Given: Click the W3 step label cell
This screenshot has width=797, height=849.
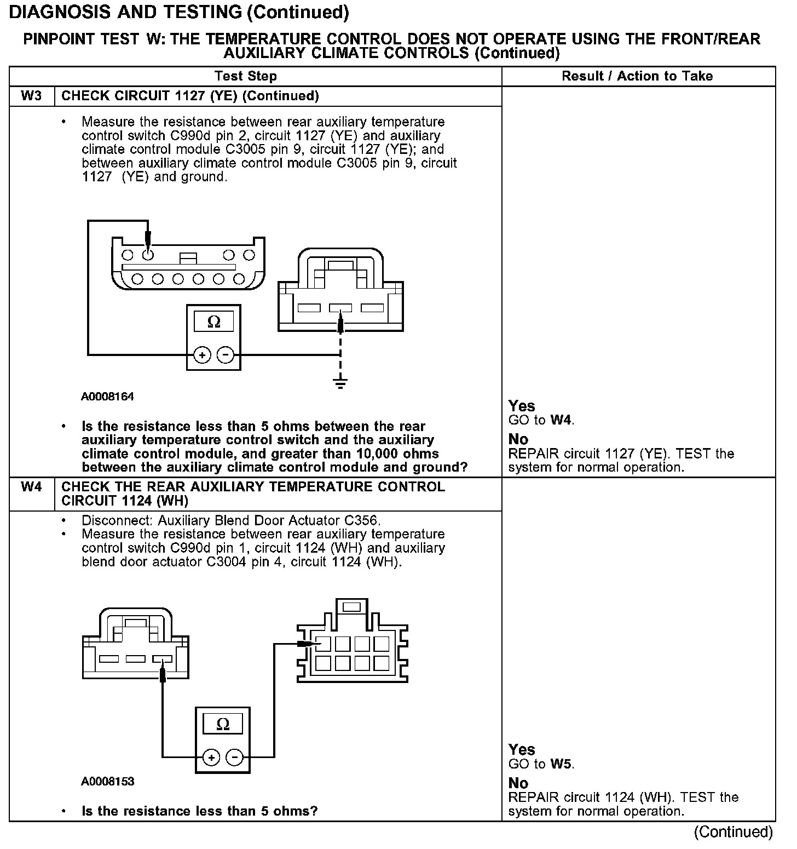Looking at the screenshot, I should pos(31,96).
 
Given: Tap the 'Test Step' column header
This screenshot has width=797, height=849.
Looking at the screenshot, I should pos(245,76).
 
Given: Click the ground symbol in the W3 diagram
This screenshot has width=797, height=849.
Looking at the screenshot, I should pos(340,382).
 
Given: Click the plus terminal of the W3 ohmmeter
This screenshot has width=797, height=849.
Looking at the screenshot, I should pos(202,355).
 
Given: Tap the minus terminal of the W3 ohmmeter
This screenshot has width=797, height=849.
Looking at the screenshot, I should pos(226,355).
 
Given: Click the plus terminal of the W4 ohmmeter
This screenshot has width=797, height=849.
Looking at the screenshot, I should pos(211,758).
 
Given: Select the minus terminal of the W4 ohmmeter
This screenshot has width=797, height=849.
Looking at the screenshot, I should pos(235,758).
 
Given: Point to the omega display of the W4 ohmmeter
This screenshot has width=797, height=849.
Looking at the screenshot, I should pos(223,724).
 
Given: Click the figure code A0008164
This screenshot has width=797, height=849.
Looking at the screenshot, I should pos(107,397).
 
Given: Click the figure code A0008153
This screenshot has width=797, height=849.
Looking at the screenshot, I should pos(107,781).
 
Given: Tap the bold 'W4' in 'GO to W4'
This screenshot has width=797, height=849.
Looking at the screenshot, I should pos(561,420).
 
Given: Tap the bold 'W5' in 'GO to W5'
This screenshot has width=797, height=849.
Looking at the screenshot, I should pos(562,764).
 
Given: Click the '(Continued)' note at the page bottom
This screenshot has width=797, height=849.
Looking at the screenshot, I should pos(733,832).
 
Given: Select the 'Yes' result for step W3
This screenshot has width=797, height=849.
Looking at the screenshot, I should pos(521,406).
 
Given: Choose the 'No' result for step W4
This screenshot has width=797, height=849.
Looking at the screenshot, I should pos(518,783).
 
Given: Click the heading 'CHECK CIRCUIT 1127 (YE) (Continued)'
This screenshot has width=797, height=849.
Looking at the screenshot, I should pos(190,96).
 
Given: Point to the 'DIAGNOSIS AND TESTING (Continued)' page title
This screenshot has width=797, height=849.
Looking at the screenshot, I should pos(179,12).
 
